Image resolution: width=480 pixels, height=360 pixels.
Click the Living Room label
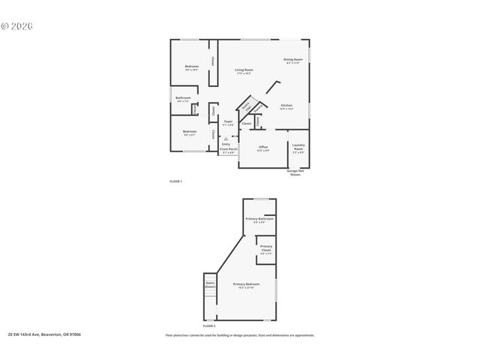pos(244,70)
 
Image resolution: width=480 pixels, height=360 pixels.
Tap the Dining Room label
pos(292,59)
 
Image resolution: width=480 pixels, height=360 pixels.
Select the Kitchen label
pos(286,105)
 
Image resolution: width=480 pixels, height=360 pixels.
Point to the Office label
pos(262,146)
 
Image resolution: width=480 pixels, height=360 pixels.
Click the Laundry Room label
pos(298,147)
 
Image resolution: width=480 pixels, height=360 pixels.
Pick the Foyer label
pos(228,121)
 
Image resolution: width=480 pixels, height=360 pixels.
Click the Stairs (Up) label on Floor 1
pos(245,108)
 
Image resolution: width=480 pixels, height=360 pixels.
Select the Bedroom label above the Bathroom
pos(191,66)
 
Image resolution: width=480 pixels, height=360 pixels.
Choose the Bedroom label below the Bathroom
pos(189,132)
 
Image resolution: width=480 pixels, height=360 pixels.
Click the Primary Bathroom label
pos(259,218)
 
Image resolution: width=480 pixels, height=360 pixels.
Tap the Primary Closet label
pos(266,248)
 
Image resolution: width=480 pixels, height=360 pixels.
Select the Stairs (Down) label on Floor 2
pos(210,285)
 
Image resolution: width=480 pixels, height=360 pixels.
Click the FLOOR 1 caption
pos(175,181)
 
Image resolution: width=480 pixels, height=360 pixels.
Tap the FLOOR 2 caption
pos(208,326)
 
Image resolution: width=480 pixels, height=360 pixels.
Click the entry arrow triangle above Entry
pos(226,138)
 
